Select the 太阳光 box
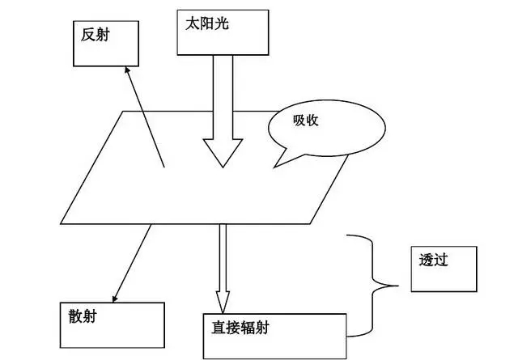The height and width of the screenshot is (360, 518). tap(222, 31)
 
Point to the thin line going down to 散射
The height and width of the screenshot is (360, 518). tap(134, 259)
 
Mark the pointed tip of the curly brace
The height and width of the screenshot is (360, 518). tap(398, 284)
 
